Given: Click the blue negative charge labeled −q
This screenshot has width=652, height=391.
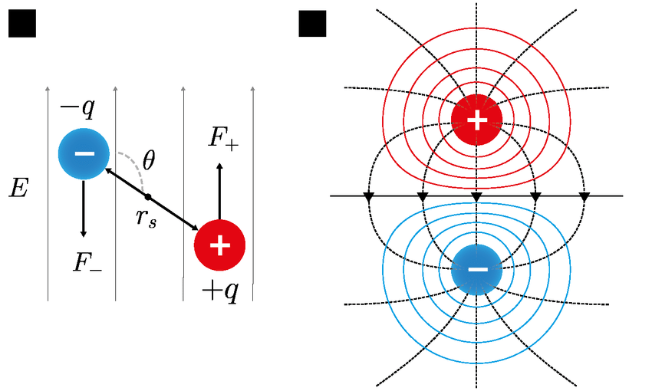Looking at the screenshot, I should point(84,153).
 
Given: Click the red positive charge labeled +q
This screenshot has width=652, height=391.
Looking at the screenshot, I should point(219,245).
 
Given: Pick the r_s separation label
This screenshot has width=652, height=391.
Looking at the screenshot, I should point(146,217).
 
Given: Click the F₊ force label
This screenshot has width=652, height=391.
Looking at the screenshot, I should point(223,137).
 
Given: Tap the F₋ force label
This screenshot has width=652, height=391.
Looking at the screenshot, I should point(87,263).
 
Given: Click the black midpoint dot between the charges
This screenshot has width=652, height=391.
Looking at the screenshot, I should point(147,196).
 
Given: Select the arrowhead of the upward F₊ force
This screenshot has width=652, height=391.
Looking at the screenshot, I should point(219,167).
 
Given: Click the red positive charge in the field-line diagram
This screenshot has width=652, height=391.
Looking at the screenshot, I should point(476,120).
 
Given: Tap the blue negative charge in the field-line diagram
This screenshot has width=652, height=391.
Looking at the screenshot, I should point(476,269).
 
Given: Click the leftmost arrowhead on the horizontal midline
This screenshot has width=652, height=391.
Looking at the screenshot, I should point(369,198).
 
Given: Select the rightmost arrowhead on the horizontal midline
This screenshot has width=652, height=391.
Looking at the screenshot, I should point(584,198).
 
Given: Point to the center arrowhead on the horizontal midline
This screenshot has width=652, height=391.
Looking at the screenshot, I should point(476,198).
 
